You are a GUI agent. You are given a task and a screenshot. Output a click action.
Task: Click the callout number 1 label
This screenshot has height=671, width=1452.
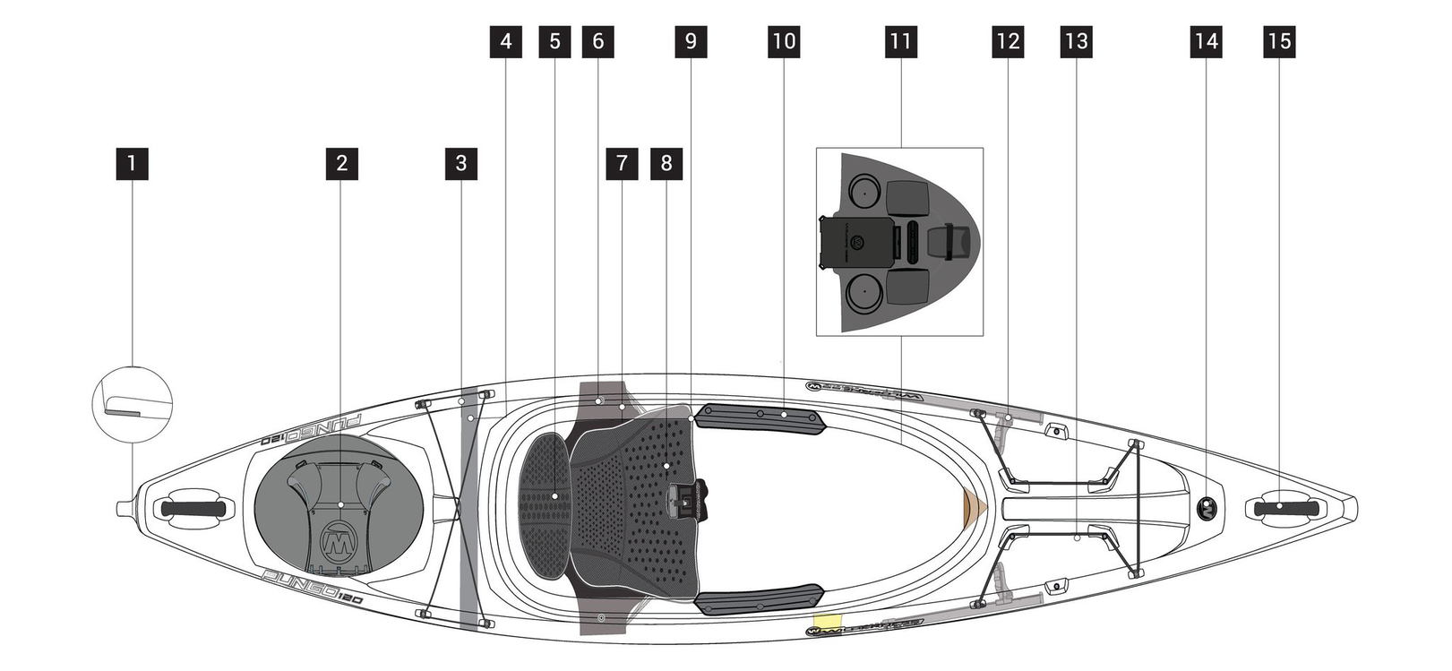point(132,164)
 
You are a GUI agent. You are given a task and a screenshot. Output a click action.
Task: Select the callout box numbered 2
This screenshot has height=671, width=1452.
point(341,164)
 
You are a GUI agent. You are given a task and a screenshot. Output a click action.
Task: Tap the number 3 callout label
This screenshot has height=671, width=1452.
point(460,164)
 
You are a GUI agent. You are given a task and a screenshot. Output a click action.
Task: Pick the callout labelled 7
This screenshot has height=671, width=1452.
point(622,164)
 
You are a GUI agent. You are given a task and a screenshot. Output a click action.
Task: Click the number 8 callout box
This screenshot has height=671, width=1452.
point(666,164)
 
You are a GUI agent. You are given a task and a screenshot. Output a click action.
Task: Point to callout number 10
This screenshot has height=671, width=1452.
point(783,42)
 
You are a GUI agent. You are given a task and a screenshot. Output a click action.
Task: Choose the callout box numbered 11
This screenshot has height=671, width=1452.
point(900,42)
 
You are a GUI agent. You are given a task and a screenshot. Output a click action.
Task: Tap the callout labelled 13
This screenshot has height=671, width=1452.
point(1076,42)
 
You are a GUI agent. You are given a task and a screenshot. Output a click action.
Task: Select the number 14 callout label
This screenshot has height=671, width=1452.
point(1206,42)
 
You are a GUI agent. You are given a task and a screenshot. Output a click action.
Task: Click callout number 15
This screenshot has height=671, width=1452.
point(1279,42)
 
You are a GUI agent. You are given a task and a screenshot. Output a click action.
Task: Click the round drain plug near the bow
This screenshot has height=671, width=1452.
point(1207,508)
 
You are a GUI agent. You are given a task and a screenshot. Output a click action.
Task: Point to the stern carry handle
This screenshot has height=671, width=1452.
point(193,509)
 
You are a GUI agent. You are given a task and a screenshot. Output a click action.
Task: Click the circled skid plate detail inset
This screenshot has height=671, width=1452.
point(133,402)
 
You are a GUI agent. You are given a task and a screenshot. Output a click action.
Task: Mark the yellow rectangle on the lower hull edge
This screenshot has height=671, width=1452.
point(827,620)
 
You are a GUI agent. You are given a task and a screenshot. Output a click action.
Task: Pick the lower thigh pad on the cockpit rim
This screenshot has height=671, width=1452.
point(760,599)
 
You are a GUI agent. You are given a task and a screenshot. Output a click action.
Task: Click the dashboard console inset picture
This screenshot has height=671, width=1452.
point(899,242)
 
